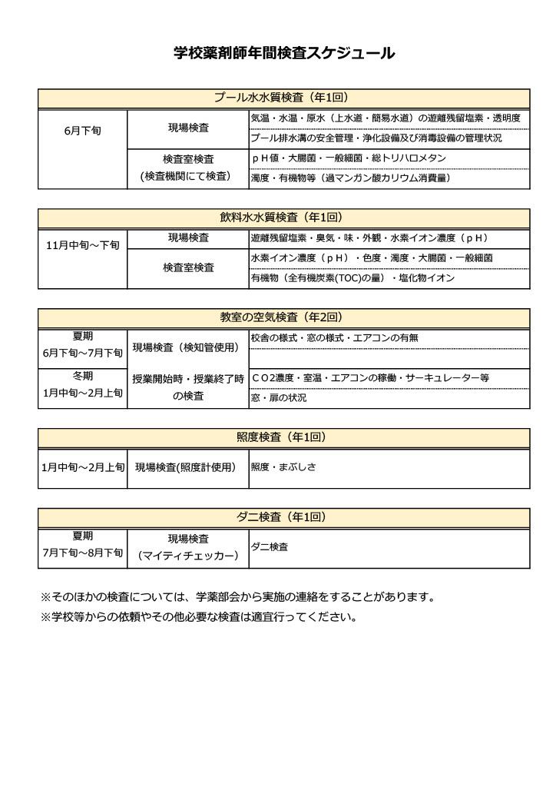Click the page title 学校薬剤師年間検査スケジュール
point(284,53)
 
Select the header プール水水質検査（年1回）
point(283,98)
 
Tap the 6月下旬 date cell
point(83,131)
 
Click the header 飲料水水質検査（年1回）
point(283,218)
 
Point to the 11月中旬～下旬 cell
point(83,245)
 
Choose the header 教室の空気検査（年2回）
point(283,317)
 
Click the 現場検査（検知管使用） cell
point(188,347)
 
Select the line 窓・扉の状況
point(279,398)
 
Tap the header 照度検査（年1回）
point(283,437)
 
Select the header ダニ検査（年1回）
point(283,516)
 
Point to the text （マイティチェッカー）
point(188,556)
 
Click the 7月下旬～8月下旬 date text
point(83,553)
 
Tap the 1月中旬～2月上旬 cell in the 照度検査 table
point(83,467)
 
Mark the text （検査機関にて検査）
point(188,177)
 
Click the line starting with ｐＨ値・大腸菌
point(349,158)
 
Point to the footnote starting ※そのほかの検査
point(237,597)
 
